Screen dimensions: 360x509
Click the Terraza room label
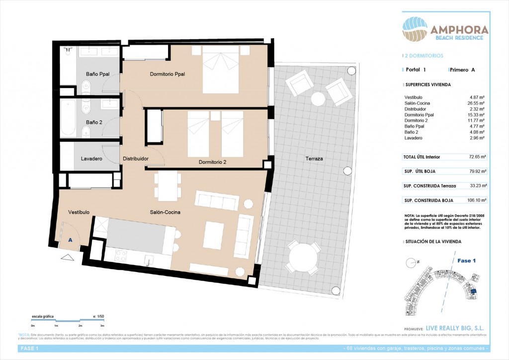(314, 159)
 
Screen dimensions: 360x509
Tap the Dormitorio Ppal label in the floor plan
(167, 74)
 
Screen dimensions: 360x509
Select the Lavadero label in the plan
(91, 159)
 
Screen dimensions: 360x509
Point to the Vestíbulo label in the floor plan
(79, 212)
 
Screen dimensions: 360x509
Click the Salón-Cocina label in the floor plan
(165, 212)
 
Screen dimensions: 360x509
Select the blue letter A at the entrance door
(70, 240)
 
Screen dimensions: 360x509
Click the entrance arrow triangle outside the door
(67, 258)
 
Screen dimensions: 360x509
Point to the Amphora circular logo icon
(415, 30)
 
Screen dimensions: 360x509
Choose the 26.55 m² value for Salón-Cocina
(477, 103)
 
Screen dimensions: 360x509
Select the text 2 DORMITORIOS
(424, 56)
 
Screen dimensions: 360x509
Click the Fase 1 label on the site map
(466, 261)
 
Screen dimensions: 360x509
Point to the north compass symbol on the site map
(411, 263)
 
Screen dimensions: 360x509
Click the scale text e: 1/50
(98, 316)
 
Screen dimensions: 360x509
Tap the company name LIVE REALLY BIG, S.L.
(455, 329)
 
